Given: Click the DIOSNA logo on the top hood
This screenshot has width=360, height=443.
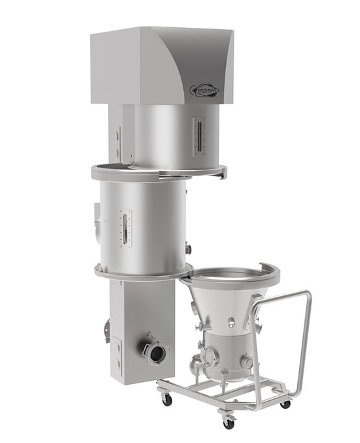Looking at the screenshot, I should point(203,89).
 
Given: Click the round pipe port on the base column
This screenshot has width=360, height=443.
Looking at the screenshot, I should point(156,352).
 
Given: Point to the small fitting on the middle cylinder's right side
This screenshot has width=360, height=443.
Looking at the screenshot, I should point(187,247).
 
